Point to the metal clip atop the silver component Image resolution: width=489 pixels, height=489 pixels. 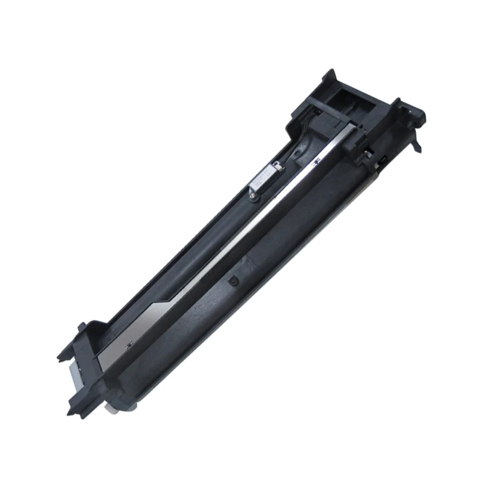pos(276,164)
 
